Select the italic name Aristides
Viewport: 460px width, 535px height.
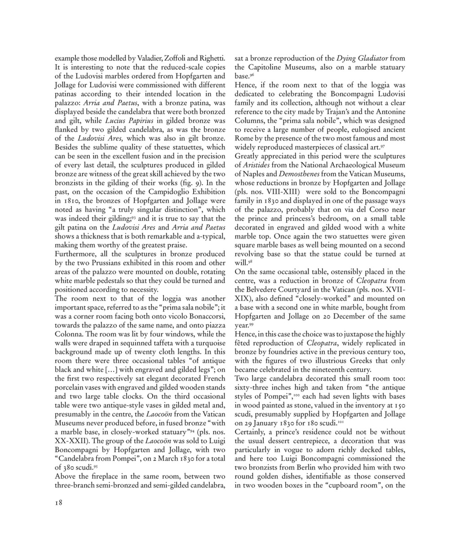point(256,165)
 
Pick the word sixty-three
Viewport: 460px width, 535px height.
point(254,387)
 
